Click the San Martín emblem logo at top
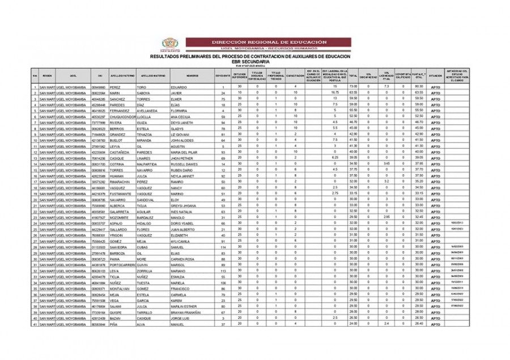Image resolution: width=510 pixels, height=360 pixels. coord(169,44)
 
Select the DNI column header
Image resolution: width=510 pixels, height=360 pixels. coord(100,75)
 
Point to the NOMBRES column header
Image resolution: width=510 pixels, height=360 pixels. coord(192,75)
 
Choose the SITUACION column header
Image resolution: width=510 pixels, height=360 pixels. coord(435,75)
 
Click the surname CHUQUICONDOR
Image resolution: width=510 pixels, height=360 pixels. coord(121,116)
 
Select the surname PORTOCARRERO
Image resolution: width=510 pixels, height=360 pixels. coord(122,265)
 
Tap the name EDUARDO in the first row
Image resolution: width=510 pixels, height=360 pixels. coord(179,87)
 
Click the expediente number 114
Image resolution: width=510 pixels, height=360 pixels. coord(223,247)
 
